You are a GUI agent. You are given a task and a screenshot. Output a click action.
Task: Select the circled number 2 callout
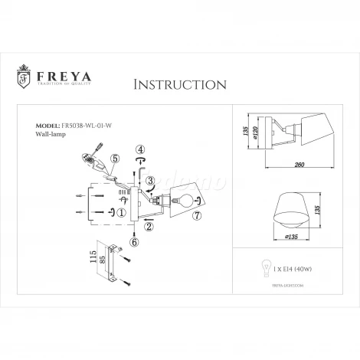149,226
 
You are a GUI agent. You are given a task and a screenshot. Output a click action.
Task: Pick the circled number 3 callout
152,182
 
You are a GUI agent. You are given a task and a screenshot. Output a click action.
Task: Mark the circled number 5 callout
115,160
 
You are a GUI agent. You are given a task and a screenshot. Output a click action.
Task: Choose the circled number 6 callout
134,243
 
